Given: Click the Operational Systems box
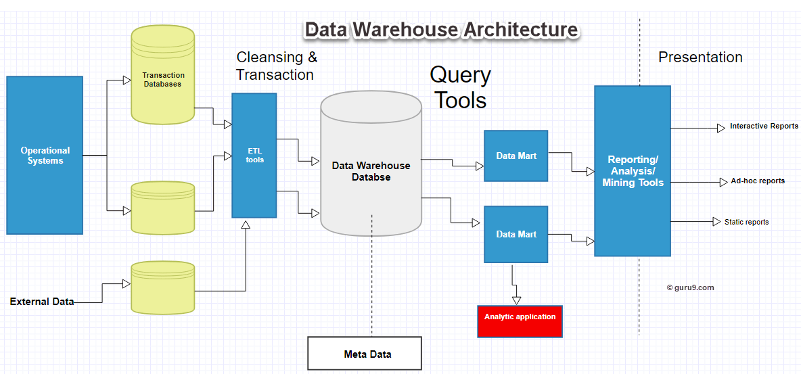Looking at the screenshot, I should (x=45, y=156).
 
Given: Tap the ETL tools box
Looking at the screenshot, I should (x=254, y=156).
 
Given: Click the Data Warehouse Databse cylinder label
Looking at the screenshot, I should (x=371, y=171).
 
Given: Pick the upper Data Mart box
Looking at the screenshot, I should (x=516, y=156).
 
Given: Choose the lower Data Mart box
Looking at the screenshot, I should (x=516, y=234).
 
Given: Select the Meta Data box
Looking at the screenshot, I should (x=365, y=354).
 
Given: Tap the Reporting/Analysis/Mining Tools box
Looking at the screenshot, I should (x=632, y=171).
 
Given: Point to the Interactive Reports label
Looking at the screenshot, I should (x=764, y=126).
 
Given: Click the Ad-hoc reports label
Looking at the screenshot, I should (x=758, y=181).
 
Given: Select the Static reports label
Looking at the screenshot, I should (x=746, y=222).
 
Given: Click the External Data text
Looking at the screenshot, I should (x=41, y=302).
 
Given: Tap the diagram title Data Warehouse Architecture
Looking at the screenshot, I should (x=441, y=30).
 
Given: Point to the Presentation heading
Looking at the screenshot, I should (x=700, y=57).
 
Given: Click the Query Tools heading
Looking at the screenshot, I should (x=461, y=87).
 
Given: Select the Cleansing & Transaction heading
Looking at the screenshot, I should (x=275, y=66).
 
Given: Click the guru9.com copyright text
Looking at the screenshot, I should (x=690, y=287).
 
